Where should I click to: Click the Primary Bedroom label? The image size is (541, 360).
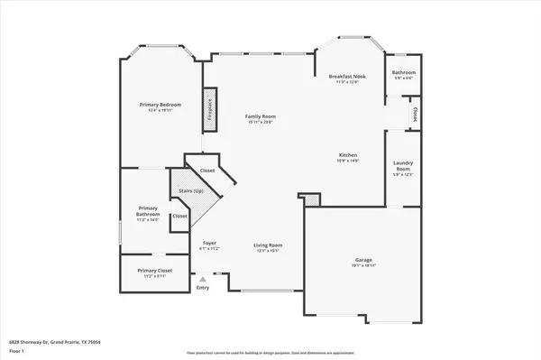(x=154, y=105)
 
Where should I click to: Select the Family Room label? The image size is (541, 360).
(x=261, y=116)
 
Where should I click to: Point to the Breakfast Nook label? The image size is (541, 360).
(x=347, y=78)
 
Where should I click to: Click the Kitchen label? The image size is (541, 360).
(x=348, y=154)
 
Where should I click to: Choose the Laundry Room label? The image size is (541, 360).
(x=402, y=166)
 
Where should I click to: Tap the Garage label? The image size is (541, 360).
(x=362, y=261)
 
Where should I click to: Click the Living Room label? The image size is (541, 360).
(x=267, y=245)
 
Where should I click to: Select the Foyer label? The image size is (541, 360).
(x=209, y=243)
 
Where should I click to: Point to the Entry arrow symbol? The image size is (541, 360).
(x=203, y=280)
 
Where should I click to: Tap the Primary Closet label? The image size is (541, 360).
(x=154, y=270)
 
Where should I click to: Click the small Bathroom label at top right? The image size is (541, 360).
(x=403, y=71)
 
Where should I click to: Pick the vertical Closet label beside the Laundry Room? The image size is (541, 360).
(x=414, y=115)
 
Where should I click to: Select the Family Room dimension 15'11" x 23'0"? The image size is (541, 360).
(x=261, y=122)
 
